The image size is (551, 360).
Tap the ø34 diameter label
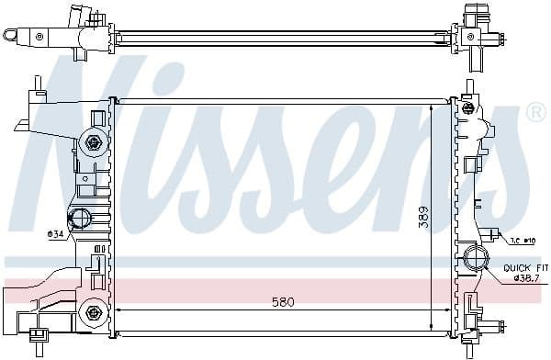(x=56, y=232)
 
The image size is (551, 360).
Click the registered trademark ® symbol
(x=534, y=112)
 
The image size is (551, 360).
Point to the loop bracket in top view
(x=12, y=35)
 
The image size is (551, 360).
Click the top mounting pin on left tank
(x=38, y=84)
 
